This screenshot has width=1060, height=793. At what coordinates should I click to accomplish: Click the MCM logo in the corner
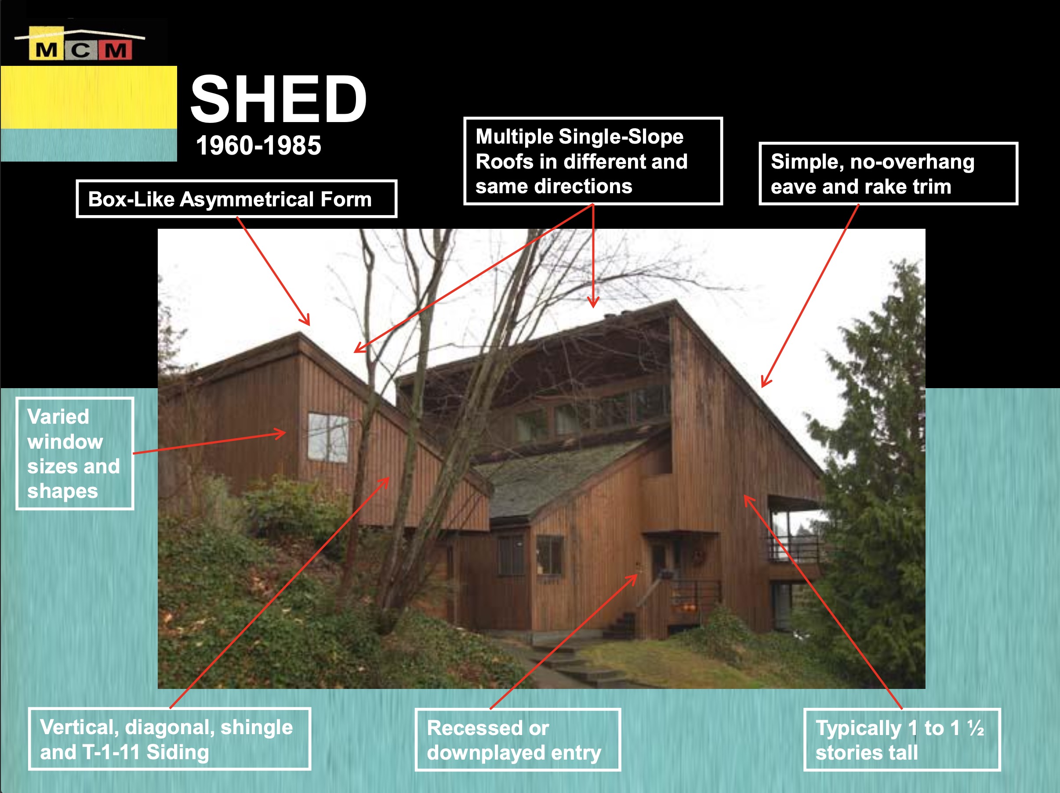click(x=80, y=44)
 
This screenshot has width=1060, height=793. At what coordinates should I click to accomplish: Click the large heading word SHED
click(x=279, y=100)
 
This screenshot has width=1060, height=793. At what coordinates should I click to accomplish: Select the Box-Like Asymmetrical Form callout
click(x=237, y=199)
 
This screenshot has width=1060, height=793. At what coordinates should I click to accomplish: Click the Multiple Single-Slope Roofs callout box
click(x=593, y=161)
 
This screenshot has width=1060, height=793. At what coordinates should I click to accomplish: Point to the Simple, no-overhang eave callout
click(x=889, y=173)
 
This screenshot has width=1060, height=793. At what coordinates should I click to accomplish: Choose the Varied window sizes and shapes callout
click(x=75, y=454)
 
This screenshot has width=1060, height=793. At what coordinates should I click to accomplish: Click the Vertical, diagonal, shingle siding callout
click(x=170, y=739)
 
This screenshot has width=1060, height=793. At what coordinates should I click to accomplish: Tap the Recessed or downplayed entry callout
click(x=518, y=740)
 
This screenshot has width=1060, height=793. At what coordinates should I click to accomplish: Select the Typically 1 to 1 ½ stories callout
click(x=902, y=740)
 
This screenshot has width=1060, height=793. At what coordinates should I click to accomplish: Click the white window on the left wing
click(x=328, y=437)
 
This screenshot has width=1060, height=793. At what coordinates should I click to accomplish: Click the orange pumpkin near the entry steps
click(x=688, y=609)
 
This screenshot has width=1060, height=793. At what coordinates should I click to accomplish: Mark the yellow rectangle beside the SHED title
click(x=89, y=97)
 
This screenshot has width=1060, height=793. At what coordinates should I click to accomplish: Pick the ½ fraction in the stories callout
click(x=976, y=728)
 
